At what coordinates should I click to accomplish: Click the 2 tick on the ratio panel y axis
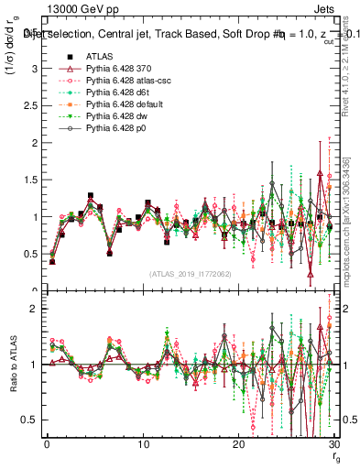pyautogui.click(x=33, y=309)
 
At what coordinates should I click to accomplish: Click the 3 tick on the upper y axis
pyautogui.click(x=33, y=69)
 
